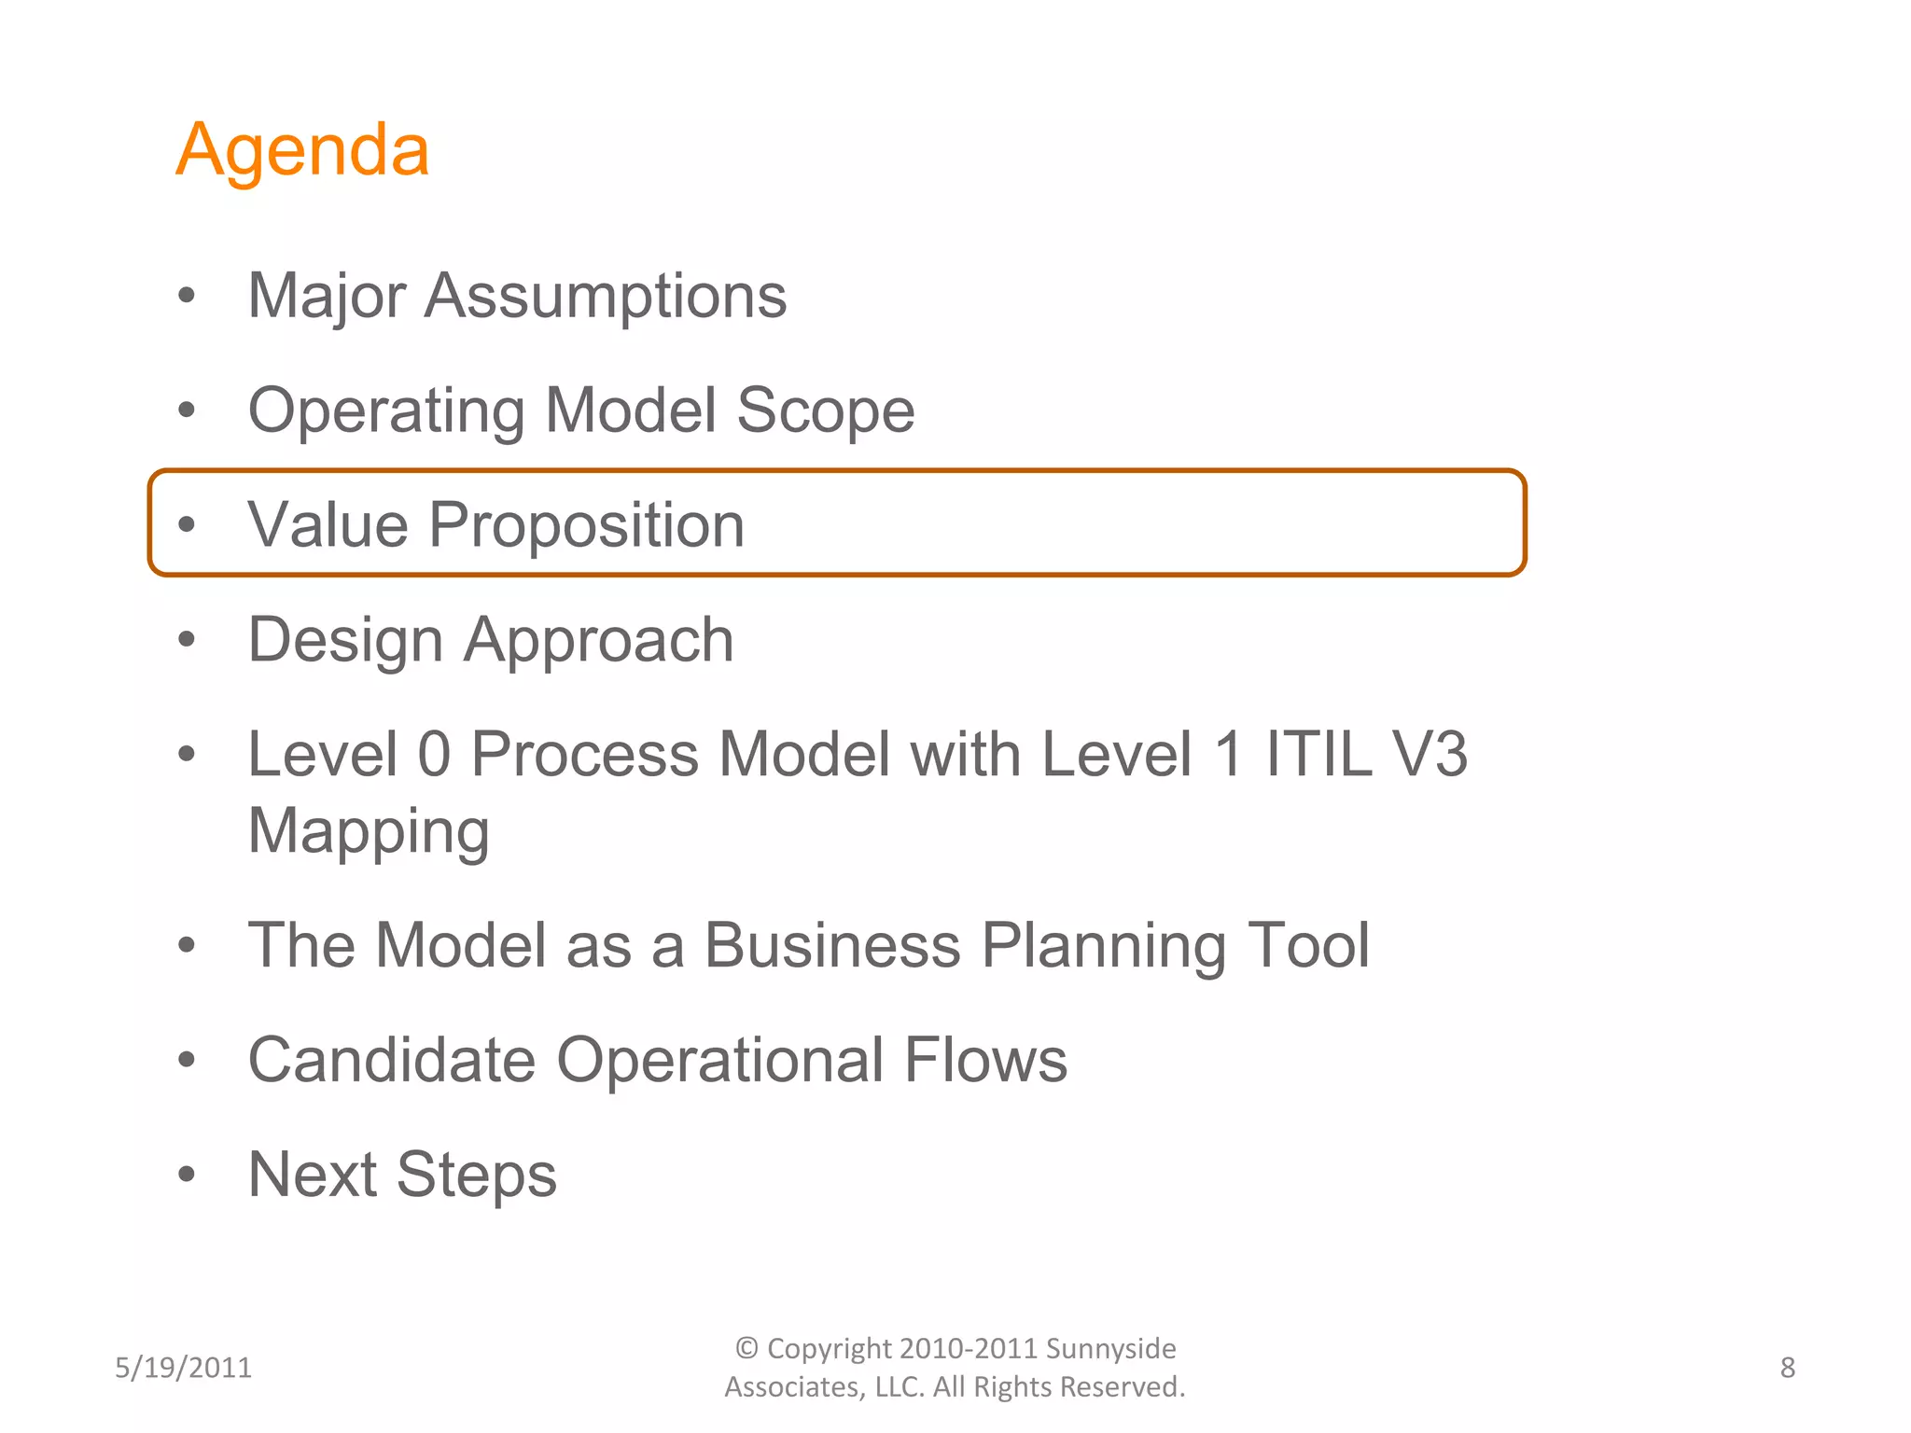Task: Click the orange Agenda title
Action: point(302,151)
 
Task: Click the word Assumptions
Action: point(606,297)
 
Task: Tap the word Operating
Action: point(386,411)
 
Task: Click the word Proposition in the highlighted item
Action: point(586,525)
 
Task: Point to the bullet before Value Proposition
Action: point(187,524)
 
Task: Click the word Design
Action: point(345,641)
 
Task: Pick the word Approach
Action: point(599,641)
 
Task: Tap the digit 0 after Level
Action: point(434,754)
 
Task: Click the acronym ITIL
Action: point(1318,754)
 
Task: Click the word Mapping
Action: point(369,831)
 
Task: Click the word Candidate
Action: point(392,1061)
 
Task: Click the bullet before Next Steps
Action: point(187,1175)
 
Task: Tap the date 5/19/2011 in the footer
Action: point(183,1368)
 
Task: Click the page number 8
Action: point(1787,1368)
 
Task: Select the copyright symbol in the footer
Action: point(746,1348)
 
